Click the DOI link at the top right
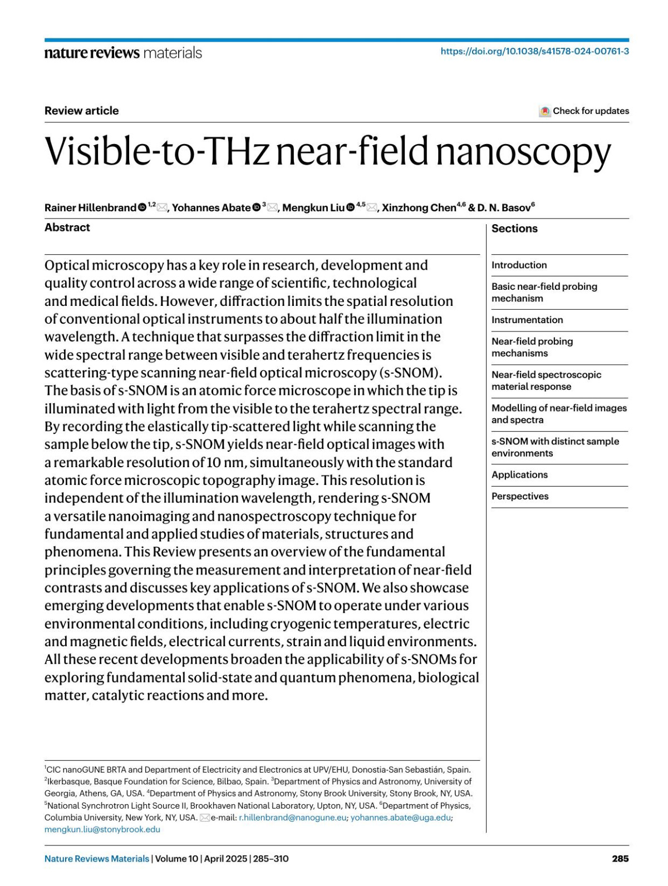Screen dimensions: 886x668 [534, 51]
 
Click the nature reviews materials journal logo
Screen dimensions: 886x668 [123, 53]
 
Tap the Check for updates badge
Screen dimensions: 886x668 [584, 111]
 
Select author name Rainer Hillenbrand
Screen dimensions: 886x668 [90, 208]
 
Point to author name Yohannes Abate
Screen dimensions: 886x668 [211, 208]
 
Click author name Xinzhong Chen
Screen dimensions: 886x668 [419, 208]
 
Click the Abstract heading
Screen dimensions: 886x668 [67, 227]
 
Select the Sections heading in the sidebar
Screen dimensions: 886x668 [514, 229]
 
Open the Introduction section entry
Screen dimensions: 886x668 [519, 265]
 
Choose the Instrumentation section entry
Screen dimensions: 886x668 [527, 320]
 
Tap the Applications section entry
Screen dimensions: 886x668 [519, 475]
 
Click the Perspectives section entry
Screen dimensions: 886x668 [520, 497]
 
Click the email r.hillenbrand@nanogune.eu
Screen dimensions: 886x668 [292, 818]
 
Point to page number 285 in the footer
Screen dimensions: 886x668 [620, 859]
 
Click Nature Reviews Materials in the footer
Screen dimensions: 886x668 [97, 859]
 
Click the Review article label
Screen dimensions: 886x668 [82, 111]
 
